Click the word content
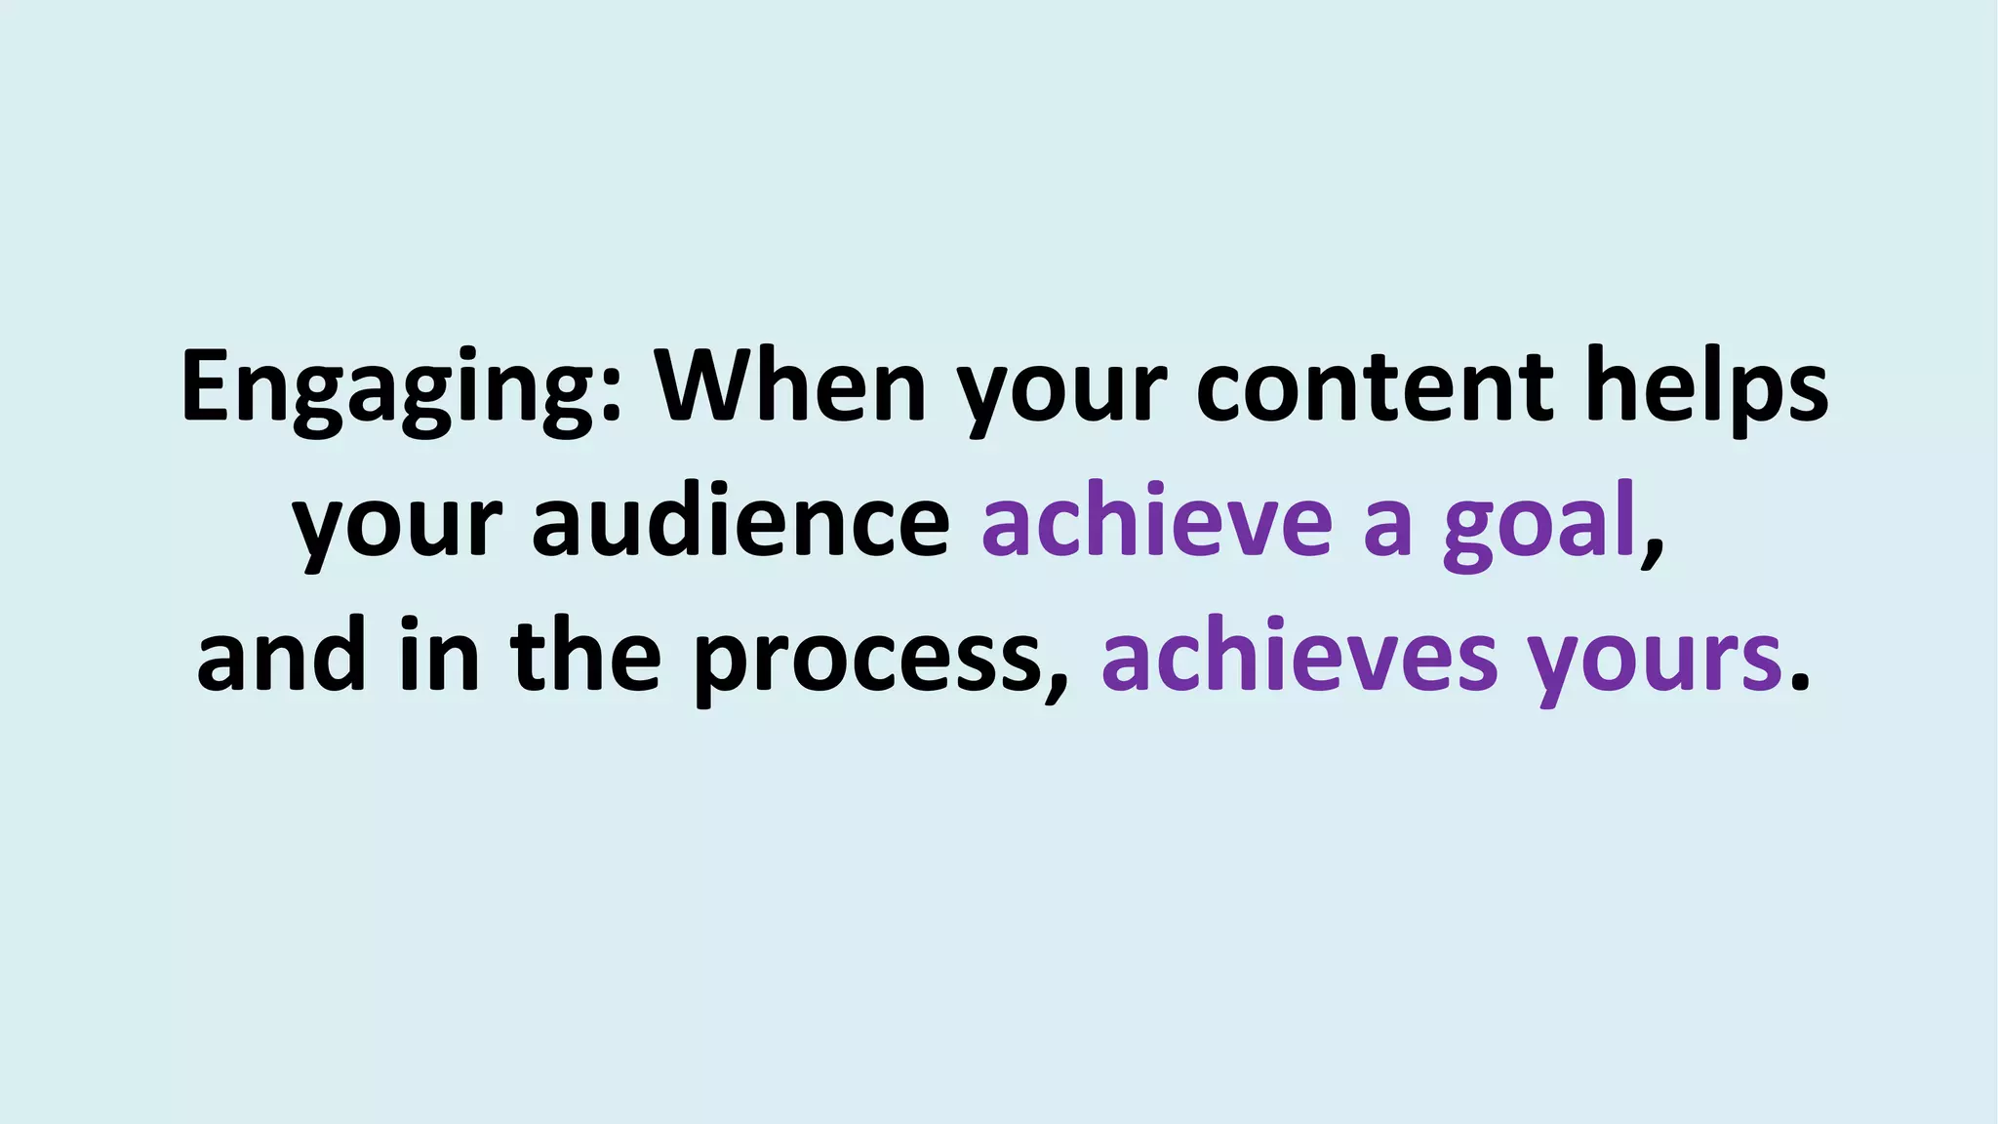coord(1376,388)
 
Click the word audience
coord(741,522)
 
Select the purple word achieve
coord(1156,522)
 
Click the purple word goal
coord(1538,527)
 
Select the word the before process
coord(585,656)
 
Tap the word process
coord(868,663)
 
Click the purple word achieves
coord(1299,656)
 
